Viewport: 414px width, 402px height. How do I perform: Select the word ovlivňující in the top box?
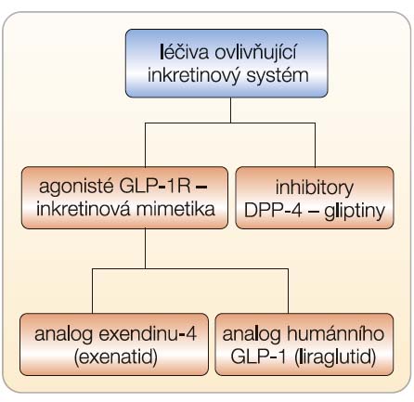[x=256, y=52]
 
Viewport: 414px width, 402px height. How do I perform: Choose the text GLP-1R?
[x=155, y=187]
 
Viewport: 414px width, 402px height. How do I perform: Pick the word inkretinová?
[x=84, y=209]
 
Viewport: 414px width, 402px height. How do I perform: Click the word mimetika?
[x=175, y=209]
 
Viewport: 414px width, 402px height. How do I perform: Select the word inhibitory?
[x=315, y=188]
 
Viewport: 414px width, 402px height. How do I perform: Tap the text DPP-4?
[x=273, y=211]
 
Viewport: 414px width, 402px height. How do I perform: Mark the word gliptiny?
[x=355, y=211]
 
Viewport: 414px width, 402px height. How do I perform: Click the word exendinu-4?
[x=148, y=333]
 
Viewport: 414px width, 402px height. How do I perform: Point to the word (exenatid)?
[x=116, y=357]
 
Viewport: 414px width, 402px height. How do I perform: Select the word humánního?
[x=335, y=333]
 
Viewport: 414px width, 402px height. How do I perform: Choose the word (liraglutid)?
[x=335, y=357]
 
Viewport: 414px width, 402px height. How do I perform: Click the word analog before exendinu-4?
[x=64, y=334]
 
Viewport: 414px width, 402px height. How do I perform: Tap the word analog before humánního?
[x=252, y=334]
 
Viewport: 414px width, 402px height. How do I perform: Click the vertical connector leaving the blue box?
[x=230, y=110]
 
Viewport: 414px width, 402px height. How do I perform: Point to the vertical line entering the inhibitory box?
[x=315, y=145]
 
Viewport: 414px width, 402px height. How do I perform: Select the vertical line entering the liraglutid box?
[x=288, y=291]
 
